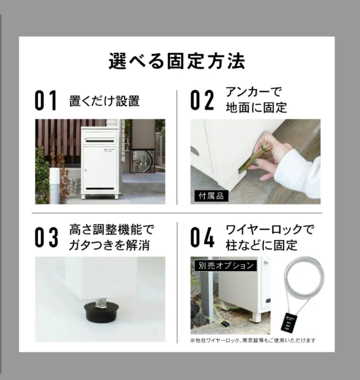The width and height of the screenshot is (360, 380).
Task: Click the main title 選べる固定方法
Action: (x=177, y=62)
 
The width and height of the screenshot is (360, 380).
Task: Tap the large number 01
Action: (x=46, y=101)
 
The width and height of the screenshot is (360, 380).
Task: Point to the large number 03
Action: (x=46, y=237)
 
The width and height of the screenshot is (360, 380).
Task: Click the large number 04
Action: (x=202, y=237)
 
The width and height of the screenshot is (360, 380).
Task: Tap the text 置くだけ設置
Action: (x=105, y=101)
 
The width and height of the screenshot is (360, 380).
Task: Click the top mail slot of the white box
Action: (x=100, y=141)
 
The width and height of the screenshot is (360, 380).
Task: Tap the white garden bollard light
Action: (x=54, y=185)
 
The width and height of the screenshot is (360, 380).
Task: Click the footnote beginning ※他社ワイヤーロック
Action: (x=253, y=340)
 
